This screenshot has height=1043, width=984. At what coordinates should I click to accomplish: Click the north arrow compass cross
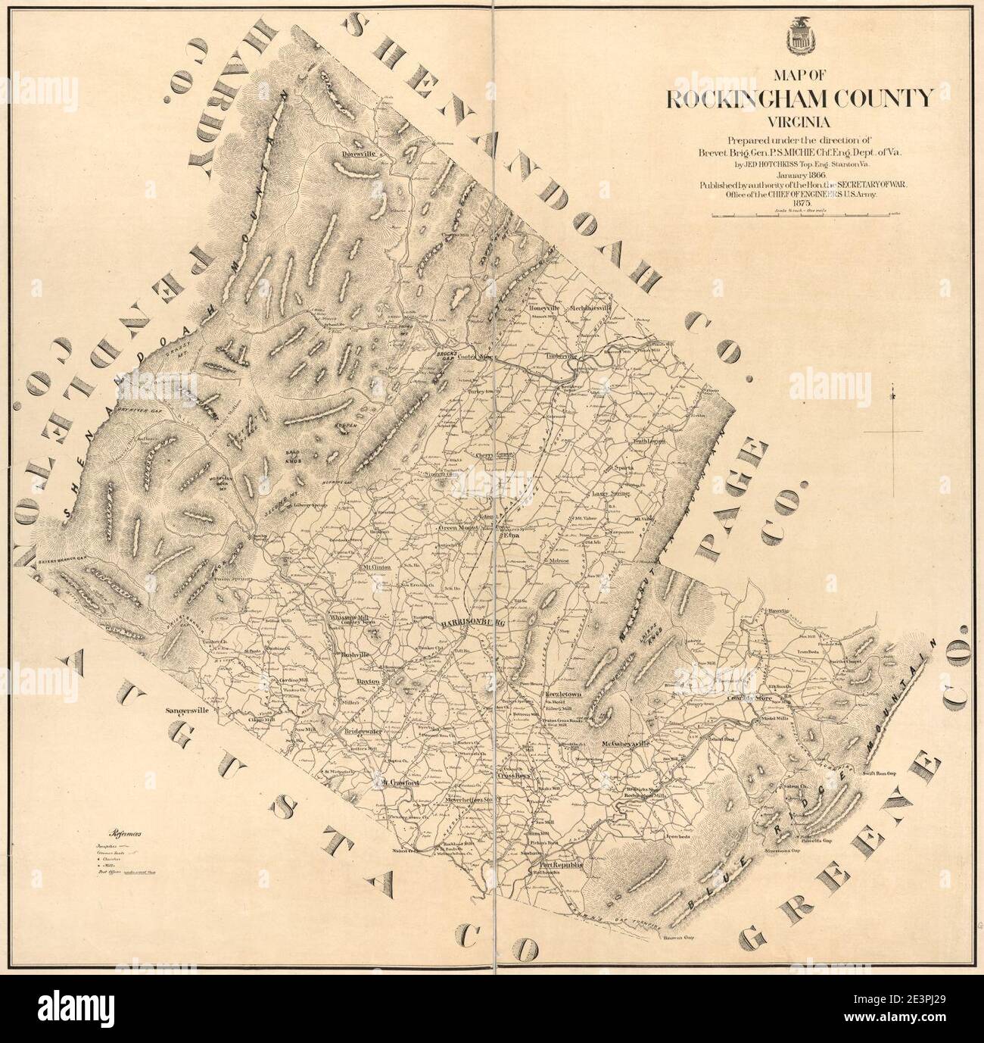pyautogui.click(x=894, y=432)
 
